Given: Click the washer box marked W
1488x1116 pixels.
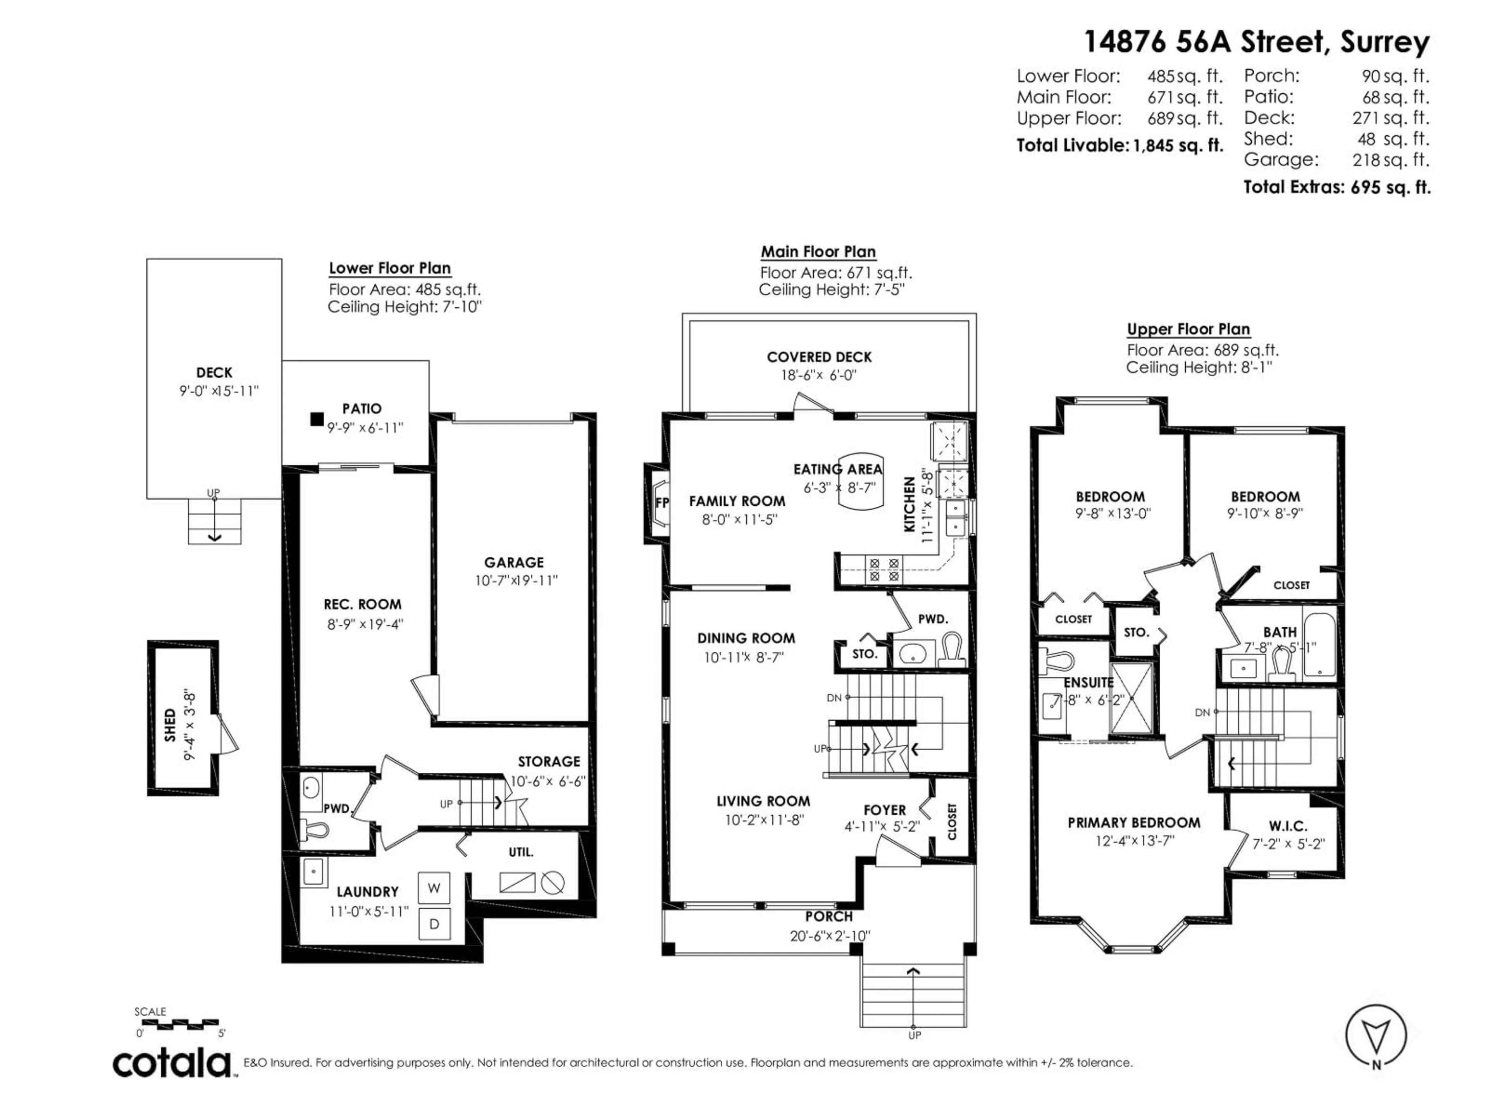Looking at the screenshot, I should tap(434, 888).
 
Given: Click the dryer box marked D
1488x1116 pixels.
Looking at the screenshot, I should tap(434, 924).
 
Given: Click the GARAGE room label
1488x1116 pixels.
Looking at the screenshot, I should tap(514, 562).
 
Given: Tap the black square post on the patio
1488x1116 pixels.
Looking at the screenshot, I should tap(316, 419).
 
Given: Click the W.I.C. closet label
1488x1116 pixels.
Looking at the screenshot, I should tap(1288, 826).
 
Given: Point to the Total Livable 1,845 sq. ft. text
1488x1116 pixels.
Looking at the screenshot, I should tap(1119, 145).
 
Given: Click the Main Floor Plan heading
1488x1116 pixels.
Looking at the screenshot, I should tap(818, 251).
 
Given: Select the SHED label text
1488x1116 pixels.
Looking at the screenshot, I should tap(170, 725).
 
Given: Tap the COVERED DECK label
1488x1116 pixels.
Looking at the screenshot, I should tap(819, 357).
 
